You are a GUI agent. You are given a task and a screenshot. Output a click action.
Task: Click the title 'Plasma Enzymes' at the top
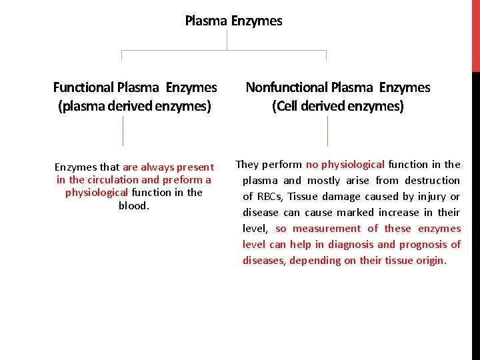pos(233,21)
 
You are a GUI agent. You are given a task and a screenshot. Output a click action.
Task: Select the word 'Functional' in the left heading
pos(83,87)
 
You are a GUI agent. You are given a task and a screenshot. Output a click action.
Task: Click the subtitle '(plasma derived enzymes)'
pos(135,106)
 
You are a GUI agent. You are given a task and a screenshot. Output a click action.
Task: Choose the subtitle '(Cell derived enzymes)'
pos(337,106)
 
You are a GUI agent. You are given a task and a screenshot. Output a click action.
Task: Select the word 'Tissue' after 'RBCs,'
pos(303,197)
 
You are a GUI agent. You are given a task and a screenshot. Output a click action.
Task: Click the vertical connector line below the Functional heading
pos(123,130)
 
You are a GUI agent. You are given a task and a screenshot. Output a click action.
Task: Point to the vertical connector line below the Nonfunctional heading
pos(327,130)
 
